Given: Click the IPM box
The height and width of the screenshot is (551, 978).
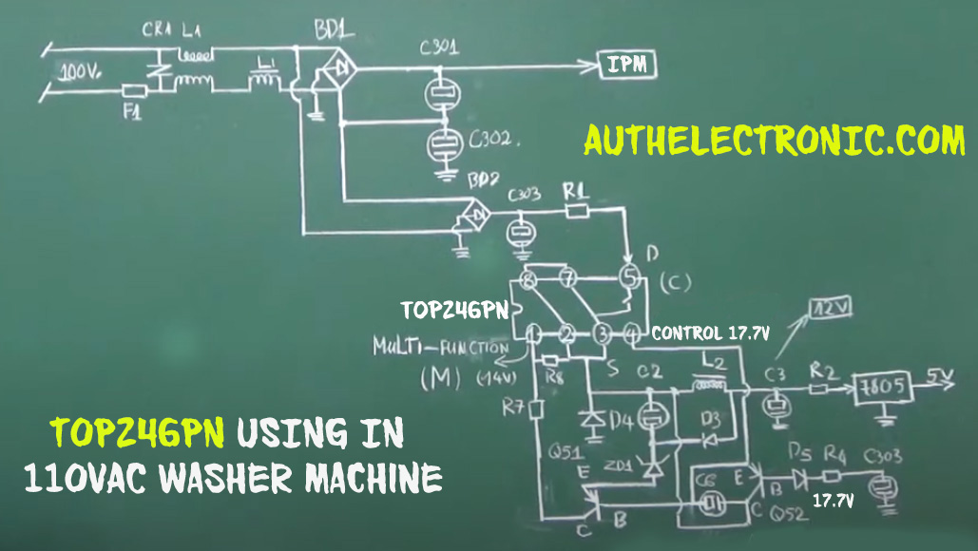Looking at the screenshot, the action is pos(627,65).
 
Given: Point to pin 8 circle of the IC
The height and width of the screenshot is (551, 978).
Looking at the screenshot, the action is pos(528,279).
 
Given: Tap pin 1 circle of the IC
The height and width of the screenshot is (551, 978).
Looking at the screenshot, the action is pos(534,333).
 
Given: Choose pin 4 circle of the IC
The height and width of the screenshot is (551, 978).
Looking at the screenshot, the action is pos(633,333).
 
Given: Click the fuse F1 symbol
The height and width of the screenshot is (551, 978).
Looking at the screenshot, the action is pos(134,91).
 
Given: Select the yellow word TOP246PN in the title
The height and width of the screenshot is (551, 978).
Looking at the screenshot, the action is pos(139,432).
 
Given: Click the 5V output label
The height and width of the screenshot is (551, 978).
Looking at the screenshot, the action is pos(941,379).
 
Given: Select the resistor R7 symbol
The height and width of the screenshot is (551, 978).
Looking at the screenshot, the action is pos(535,408).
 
